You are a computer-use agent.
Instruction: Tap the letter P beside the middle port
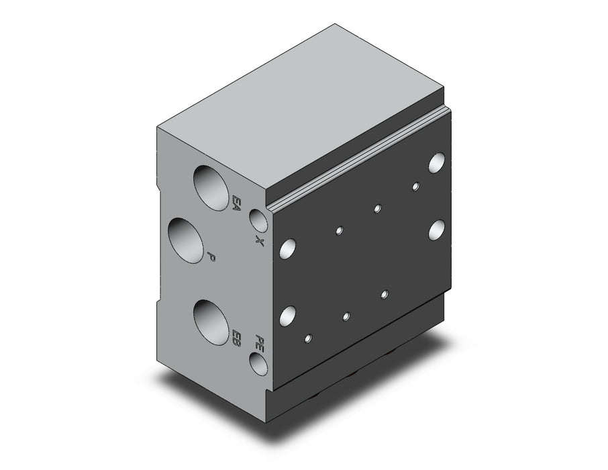click(x=211, y=256)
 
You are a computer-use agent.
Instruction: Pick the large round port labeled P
click(x=186, y=240)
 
